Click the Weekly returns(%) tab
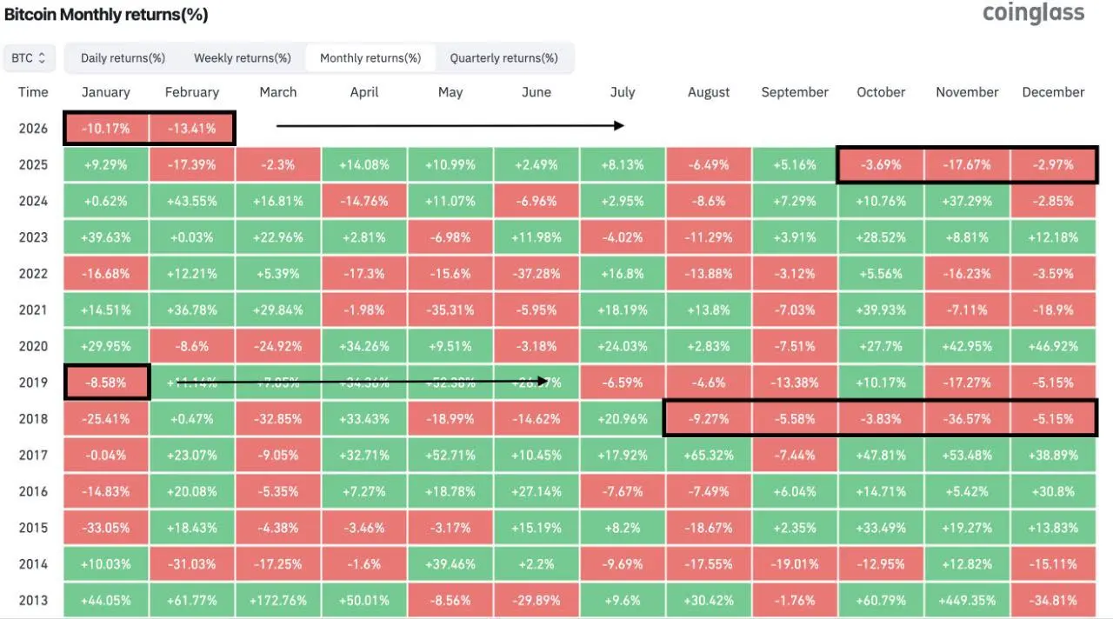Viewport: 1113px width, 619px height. pos(242,58)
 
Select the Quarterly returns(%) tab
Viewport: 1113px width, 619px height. pos(503,58)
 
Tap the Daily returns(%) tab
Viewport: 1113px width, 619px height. pos(123,58)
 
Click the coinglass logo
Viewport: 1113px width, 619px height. pos(1033,13)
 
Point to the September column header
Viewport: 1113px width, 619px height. pos(795,92)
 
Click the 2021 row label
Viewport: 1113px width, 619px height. pos(33,309)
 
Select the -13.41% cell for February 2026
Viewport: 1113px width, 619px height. pos(191,129)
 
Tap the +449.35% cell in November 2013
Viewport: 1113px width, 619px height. pos(967,600)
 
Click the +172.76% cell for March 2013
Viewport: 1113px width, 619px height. pos(277,600)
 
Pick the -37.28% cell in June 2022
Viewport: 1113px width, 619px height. pos(537,273)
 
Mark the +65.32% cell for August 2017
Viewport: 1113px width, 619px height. pos(709,455)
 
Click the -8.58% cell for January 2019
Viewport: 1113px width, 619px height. pos(106,382)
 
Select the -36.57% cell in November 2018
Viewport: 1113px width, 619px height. pos(967,418)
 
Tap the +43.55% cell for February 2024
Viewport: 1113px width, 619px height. pos(191,201)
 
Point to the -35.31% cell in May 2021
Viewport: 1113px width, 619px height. pos(450,309)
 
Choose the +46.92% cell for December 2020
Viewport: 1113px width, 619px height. pos(1053,346)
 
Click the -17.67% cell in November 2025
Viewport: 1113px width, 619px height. pos(967,164)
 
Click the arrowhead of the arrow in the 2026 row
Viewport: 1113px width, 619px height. pos(619,126)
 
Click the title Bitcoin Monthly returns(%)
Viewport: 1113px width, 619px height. pos(106,15)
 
